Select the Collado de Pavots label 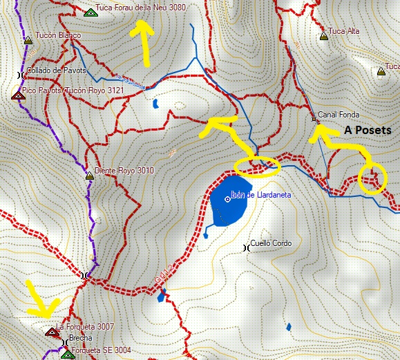coord(56,70)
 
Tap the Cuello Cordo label coord(272,243)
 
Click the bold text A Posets coord(368,131)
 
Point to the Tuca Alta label coord(343,31)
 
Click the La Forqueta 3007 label coord(85,326)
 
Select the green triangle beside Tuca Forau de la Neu coord(89,12)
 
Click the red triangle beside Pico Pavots coord(18,96)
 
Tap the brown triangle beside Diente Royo coord(88,176)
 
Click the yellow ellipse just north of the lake coord(257,166)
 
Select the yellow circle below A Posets coord(373,179)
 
